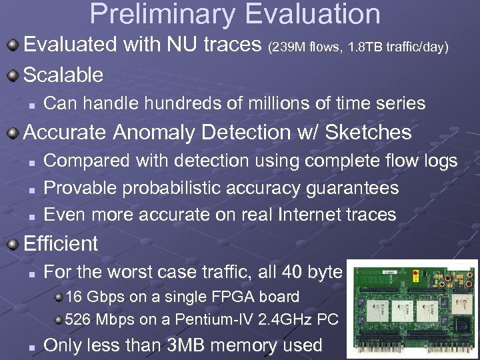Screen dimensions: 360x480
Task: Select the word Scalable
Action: [63, 75]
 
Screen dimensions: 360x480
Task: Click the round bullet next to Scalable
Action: [13, 74]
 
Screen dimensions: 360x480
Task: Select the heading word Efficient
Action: [61, 243]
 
